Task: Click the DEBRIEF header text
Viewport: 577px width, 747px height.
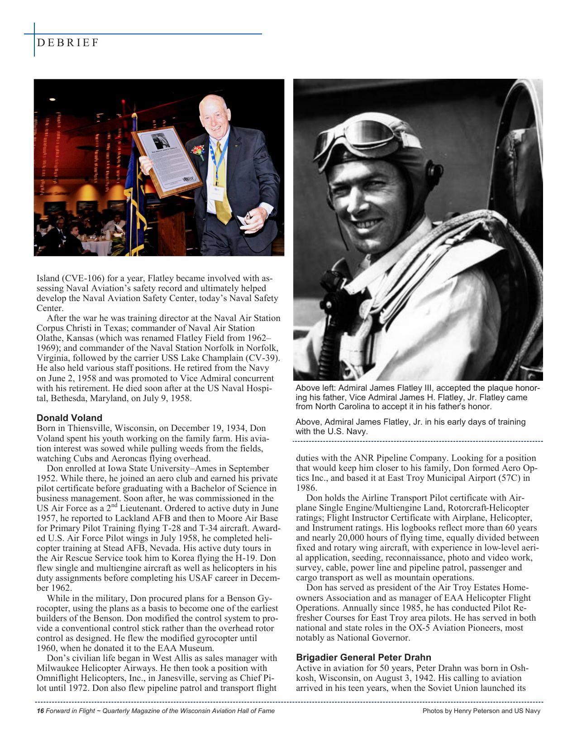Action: coord(68,43)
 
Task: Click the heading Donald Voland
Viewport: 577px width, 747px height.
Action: coord(69,418)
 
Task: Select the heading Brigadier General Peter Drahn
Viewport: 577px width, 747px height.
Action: coord(363,657)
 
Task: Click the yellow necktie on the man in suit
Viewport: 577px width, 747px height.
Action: coord(220,181)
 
